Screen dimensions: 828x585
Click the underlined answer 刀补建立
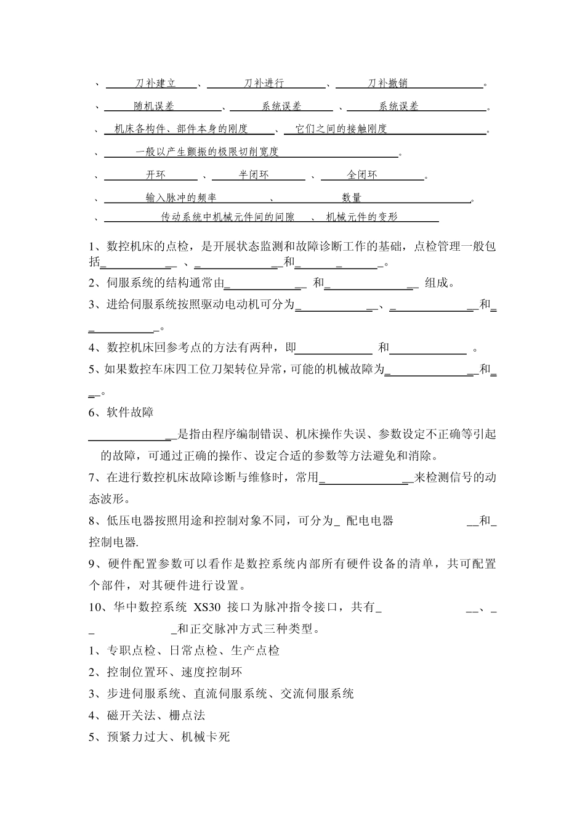click(156, 83)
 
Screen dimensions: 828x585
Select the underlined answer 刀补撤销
click(388, 83)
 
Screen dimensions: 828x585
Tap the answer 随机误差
click(154, 106)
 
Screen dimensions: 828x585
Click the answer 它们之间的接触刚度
click(341, 129)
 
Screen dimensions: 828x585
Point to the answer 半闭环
click(254, 175)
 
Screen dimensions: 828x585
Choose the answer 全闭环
click(362, 175)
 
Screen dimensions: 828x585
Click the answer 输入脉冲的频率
click(181, 198)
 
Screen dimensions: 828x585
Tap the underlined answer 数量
click(352, 198)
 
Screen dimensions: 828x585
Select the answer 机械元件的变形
click(362, 217)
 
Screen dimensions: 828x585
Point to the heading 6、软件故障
click(121, 412)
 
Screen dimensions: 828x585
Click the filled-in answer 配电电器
click(369, 521)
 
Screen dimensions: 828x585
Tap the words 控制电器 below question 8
click(112, 542)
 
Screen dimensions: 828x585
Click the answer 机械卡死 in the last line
click(205, 737)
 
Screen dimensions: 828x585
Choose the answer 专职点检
click(131, 651)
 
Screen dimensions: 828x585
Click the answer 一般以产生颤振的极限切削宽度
click(207, 152)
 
